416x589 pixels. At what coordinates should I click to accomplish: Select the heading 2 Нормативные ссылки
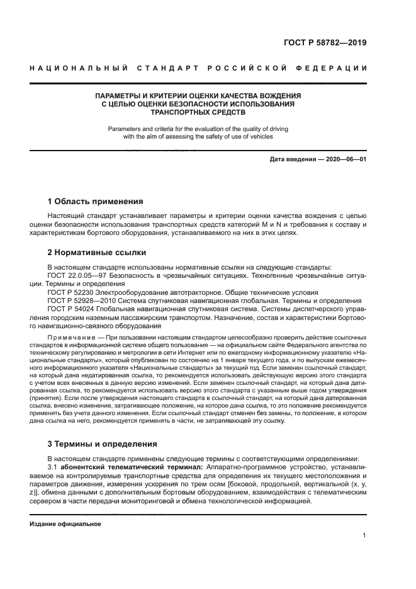tap(96, 253)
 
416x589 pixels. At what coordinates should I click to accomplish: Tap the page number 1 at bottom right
tap(364, 535)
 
